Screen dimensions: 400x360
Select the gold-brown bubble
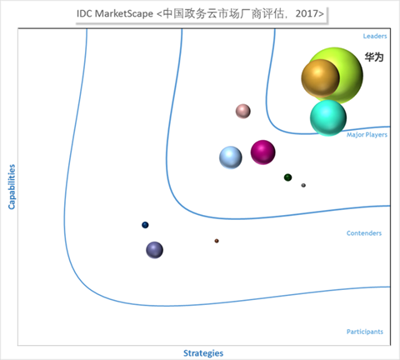pyautogui.click(x=321, y=78)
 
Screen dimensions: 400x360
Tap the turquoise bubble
pyautogui.click(x=328, y=118)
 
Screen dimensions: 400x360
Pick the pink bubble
pyautogui.click(x=243, y=111)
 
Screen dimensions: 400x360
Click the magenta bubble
pyautogui.click(x=263, y=152)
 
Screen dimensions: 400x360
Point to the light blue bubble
pyautogui.click(x=231, y=157)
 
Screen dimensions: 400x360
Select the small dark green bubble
pyautogui.click(x=287, y=177)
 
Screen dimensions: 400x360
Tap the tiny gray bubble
pyautogui.click(x=303, y=185)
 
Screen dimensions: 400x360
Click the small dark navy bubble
pyautogui.click(x=145, y=225)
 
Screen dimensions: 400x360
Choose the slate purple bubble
pyautogui.click(x=154, y=250)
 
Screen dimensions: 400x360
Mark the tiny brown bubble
pyautogui.click(x=217, y=241)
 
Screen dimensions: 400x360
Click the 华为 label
pyautogui.click(x=374, y=57)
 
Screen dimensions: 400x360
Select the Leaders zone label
pyautogui.click(x=375, y=36)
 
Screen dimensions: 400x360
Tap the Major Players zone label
pyautogui.click(x=367, y=135)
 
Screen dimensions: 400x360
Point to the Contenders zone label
pyautogui.click(x=364, y=233)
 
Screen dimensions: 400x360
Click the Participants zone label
pyautogui.click(x=365, y=332)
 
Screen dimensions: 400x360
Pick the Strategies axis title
pyautogui.click(x=203, y=353)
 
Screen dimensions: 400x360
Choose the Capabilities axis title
pyautogui.click(x=12, y=187)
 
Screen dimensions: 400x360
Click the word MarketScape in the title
pyautogui.click(x=124, y=13)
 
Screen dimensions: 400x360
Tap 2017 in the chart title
pyautogui.click(x=307, y=13)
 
